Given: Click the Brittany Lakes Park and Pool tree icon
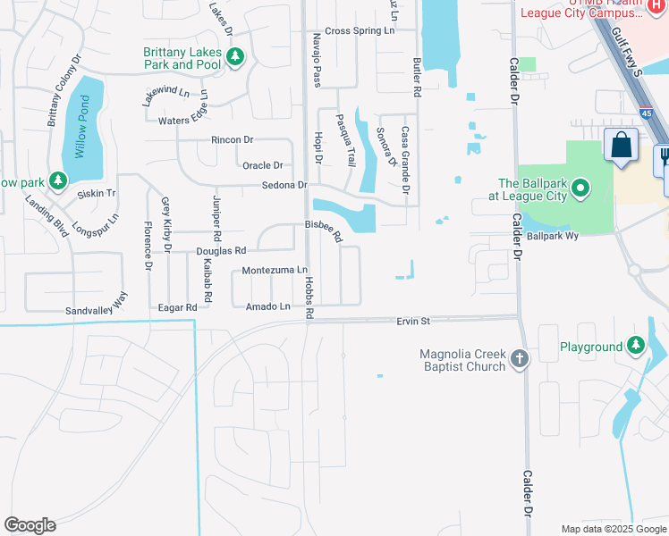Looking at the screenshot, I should click(x=235, y=58).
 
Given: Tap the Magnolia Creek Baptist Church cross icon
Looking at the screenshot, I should click(x=521, y=360).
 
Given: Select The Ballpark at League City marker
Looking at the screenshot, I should click(x=580, y=188).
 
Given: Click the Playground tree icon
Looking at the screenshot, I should click(x=635, y=346).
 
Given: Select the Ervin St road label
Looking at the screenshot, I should click(x=413, y=321).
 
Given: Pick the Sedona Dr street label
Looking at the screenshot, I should click(x=284, y=185).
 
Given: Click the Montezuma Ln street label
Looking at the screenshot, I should click(x=275, y=270).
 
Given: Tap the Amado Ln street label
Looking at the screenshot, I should click(x=268, y=306).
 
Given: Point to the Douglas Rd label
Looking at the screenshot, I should click(x=221, y=252).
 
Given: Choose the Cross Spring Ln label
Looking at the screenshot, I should click(x=360, y=30).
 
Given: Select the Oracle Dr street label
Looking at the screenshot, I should click(x=262, y=165).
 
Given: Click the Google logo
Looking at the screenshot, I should click(x=30, y=525).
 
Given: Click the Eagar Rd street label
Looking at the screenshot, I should click(x=177, y=306).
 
